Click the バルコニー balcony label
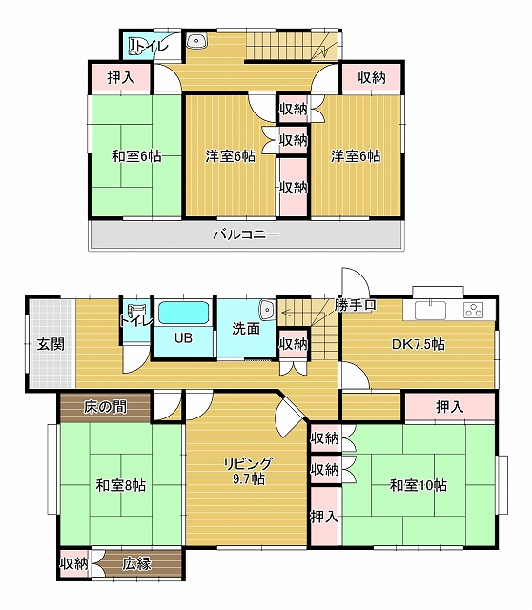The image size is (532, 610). [x=246, y=234]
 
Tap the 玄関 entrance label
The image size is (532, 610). [x=51, y=344]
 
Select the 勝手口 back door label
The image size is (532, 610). [x=355, y=305]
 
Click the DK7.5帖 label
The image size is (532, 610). [x=418, y=344]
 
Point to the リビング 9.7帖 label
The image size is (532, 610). [x=248, y=471]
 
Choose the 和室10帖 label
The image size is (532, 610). [x=419, y=485]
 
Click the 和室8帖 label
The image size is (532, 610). [x=121, y=485]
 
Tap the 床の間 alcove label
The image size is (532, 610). [x=105, y=407]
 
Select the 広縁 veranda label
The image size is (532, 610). [x=136, y=563]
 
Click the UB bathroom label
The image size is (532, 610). [x=183, y=338]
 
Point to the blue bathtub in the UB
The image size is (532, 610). [x=183, y=314]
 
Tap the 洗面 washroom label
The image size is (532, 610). [x=246, y=329]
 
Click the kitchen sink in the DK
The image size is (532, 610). [x=430, y=311]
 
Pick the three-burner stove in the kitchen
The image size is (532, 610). [x=473, y=310]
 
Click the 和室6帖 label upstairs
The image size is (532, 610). [x=136, y=156]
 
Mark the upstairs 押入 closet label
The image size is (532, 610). [x=121, y=78]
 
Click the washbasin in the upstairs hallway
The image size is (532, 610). [x=196, y=41]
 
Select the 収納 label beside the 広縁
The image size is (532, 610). [x=74, y=563]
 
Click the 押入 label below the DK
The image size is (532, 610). [x=450, y=407]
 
